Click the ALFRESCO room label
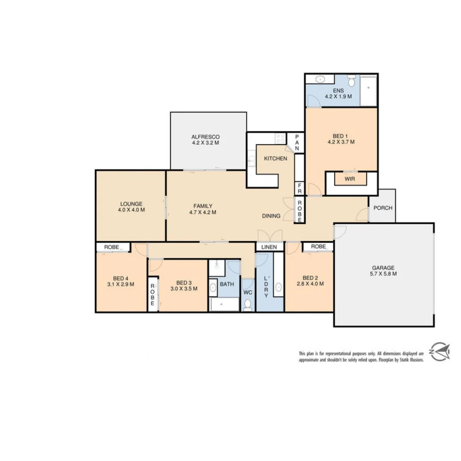[x=205, y=137]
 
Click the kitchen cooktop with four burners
[x=280, y=138]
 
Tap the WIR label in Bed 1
[x=350, y=178]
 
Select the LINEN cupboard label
[x=269, y=247]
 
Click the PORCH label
[x=382, y=208]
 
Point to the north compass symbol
[x=440, y=352]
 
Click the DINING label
[x=271, y=216]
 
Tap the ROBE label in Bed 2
[x=318, y=247]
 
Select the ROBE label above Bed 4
[x=112, y=247]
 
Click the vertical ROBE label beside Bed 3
[x=152, y=295]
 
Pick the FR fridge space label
[x=300, y=188]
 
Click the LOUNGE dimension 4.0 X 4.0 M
[x=131, y=210]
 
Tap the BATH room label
[x=227, y=283]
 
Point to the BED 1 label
[x=341, y=136]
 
